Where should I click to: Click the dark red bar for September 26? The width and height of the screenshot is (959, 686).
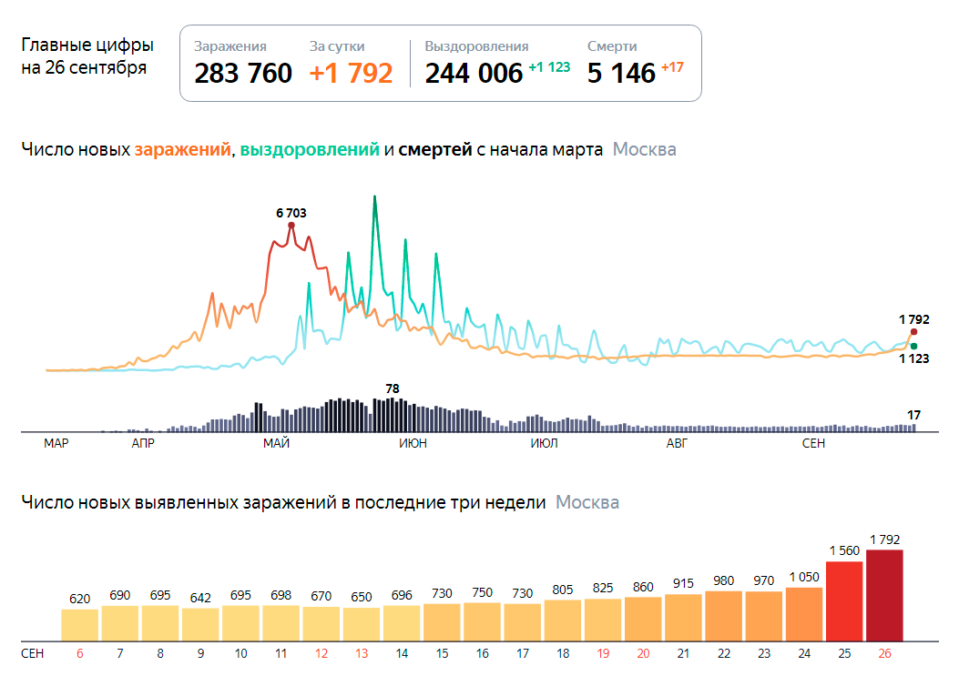click(884, 595)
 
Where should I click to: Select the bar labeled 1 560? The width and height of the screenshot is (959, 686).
click(844, 600)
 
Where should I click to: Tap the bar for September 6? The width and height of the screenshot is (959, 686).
click(80, 624)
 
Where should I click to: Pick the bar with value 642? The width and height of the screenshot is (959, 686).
click(200, 624)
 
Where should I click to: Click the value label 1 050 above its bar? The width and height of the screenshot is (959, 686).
click(804, 576)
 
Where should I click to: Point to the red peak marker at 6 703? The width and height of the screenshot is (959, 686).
click(291, 225)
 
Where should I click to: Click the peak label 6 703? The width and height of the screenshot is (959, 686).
click(291, 213)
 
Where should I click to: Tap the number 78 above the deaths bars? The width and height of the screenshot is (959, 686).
click(393, 388)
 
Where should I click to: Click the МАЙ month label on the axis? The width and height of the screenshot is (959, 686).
click(276, 443)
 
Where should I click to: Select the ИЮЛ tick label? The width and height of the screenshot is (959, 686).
click(544, 443)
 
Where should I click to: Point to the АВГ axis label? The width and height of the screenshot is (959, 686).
click(677, 443)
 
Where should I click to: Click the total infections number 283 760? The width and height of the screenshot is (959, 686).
click(243, 73)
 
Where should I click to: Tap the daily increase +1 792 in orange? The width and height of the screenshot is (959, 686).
click(351, 73)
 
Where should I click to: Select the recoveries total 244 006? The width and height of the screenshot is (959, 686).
click(474, 73)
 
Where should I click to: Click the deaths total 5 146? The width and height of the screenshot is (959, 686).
click(621, 73)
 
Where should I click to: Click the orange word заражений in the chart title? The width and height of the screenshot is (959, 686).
click(182, 150)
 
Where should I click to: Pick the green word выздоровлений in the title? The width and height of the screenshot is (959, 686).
click(310, 150)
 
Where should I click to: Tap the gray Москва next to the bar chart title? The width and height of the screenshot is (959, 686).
click(587, 502)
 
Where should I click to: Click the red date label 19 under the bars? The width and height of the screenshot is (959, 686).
click(603, 653)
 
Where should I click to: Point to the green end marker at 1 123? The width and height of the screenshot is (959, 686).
click(913, 346)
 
